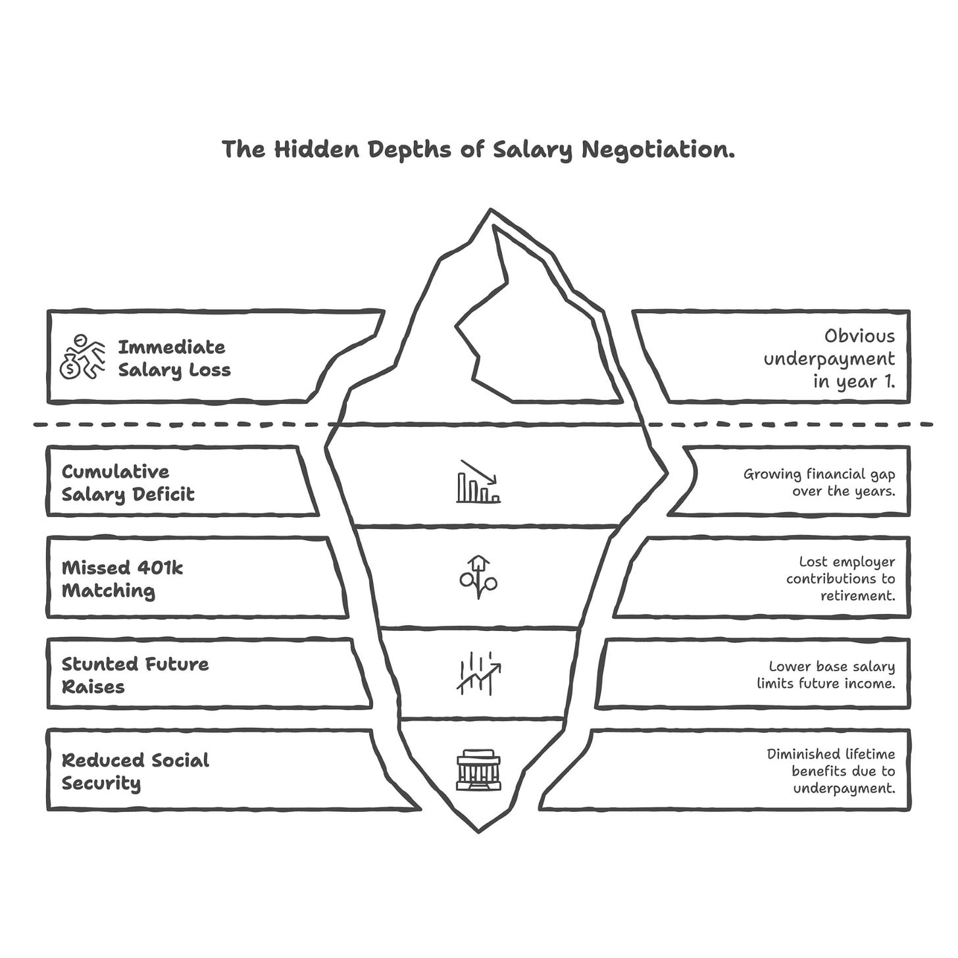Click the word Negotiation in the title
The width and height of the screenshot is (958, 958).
658,150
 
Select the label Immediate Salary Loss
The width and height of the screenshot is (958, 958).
174,359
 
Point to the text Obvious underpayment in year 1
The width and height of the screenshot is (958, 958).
829,359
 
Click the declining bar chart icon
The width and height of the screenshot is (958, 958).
478,482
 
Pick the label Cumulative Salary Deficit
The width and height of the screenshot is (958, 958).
128,483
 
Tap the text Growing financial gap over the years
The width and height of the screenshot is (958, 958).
819,482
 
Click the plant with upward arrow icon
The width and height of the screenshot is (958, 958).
478,577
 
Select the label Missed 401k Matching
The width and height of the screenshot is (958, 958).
122,579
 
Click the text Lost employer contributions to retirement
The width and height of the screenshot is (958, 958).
840,578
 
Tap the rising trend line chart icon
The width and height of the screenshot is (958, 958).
478,673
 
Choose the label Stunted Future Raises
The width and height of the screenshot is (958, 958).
135,675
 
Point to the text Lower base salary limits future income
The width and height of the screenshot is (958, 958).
826,675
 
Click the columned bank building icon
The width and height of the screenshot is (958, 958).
478,769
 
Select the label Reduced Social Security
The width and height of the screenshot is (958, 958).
135,771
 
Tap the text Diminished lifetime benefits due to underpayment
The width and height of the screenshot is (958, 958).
831,771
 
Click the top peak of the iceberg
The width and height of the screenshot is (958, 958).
490,212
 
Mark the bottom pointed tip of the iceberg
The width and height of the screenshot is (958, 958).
478,830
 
